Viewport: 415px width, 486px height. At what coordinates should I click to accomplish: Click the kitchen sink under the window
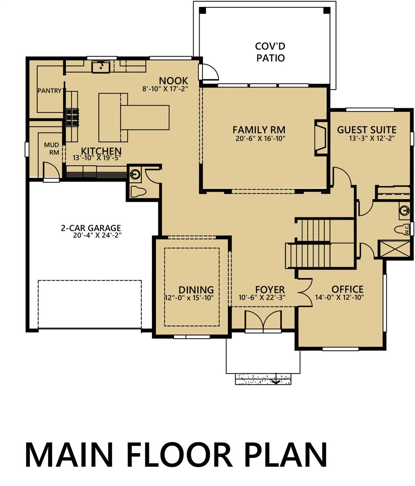100,66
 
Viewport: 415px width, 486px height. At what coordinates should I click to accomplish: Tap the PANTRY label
49,91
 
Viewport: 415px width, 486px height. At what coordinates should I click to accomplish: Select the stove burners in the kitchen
72,117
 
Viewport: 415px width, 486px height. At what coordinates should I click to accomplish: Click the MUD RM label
52,149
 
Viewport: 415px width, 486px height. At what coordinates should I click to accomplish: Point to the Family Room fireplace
321,138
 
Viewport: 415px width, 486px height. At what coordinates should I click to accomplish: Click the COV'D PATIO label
270,52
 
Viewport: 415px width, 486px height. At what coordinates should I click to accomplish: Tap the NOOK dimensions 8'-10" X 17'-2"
165,89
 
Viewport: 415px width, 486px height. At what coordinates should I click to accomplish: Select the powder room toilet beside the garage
138,192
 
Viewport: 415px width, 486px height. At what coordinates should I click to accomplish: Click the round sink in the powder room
135,175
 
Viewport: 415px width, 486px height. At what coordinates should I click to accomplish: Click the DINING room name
196,290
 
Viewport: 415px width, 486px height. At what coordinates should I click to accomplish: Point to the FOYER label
270,290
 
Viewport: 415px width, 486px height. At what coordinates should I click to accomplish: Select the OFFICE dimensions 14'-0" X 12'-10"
339,297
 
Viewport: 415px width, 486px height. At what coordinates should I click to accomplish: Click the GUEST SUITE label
366,130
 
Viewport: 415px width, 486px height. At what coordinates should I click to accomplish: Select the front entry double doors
263,322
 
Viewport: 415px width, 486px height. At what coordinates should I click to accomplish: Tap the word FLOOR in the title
180,455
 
